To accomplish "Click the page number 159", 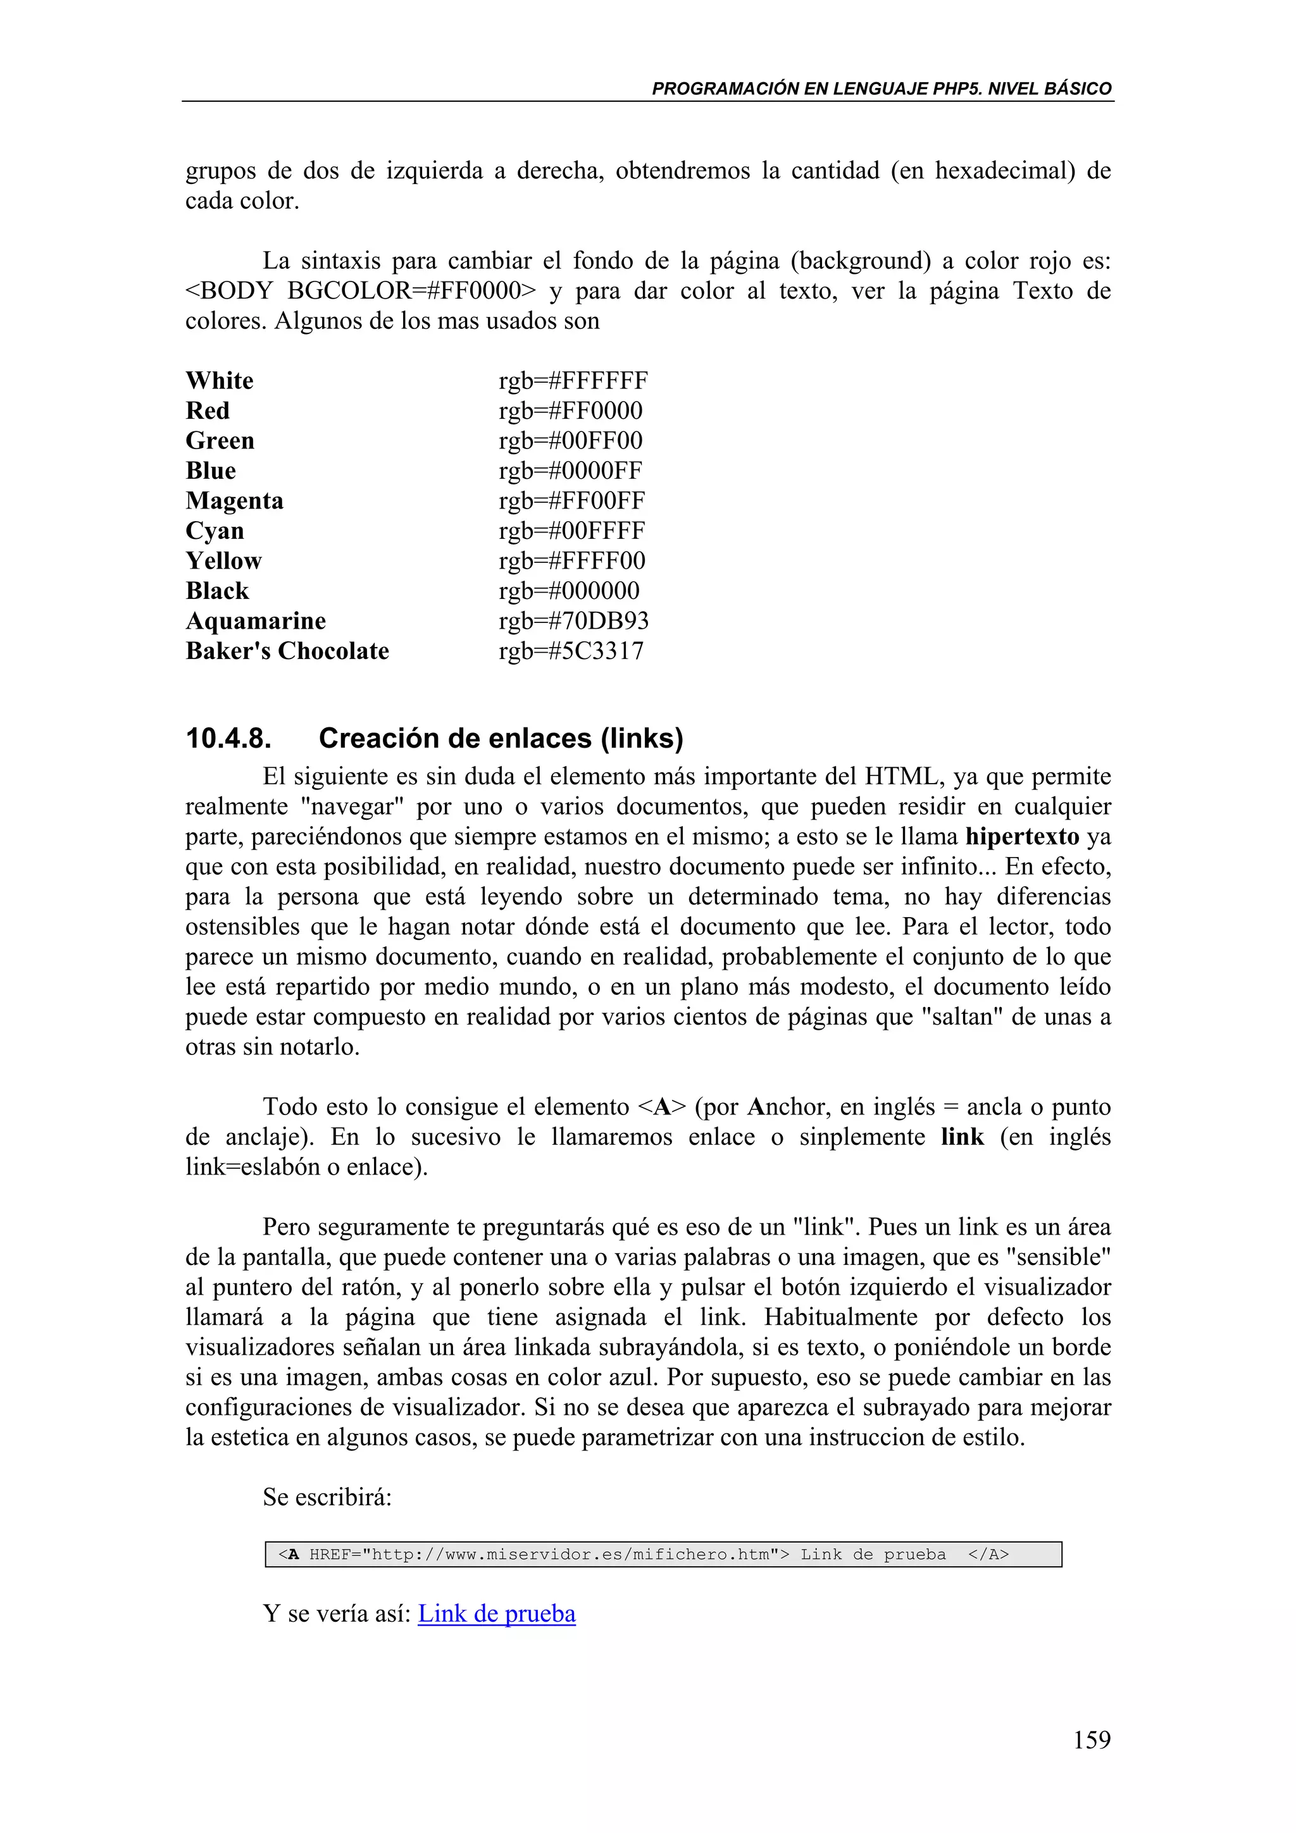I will (x=1091, y=1739).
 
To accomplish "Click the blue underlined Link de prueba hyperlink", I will (x=496, y=1614).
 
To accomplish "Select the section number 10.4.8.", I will (x=228, y=739).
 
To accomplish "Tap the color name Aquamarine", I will (x=256, y=621).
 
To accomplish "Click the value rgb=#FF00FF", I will (x=571, y=500).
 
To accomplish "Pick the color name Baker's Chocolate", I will (x=287, y=651).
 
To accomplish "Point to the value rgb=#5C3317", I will (x=571, y=651).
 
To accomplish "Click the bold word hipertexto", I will (x=1022, y=837).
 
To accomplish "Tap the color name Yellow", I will (x=223, y=561).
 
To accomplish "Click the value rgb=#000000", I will (x=568, y=591).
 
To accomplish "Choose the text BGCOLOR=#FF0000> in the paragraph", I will (x=412, y=290).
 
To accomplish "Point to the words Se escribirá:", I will (x=327, y=1497).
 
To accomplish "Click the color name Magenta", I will (x=234, y=500).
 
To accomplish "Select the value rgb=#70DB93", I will (x=573, y=621).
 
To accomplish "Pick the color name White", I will (x=220, y=381).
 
